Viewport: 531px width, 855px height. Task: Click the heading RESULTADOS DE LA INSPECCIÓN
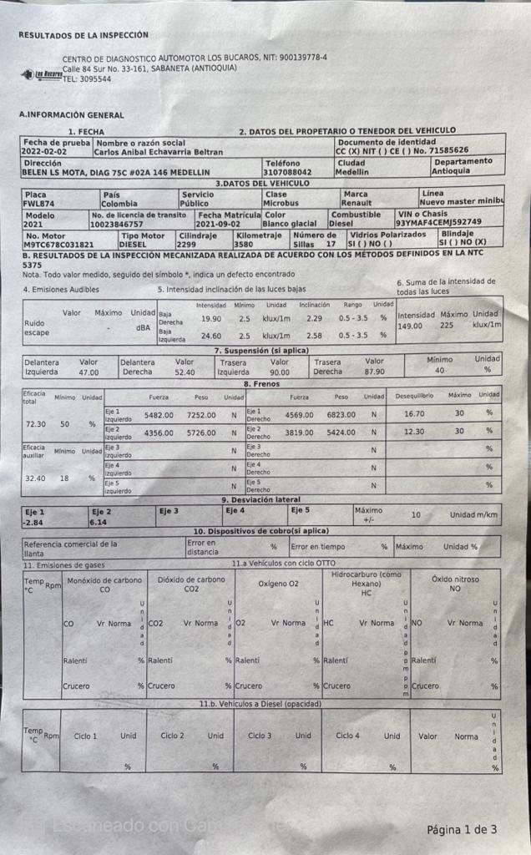(x=83, y=35)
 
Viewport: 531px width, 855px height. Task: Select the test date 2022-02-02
(x=45, y=152)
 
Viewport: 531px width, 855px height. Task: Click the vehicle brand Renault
(x=357, y=202)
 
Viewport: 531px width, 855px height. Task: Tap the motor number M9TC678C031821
(x=58, y=245)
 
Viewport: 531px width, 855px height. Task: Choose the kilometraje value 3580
(x=246, y=245)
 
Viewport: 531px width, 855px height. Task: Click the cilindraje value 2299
(x=189, y=245)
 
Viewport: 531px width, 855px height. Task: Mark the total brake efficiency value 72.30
(x=36, y=424)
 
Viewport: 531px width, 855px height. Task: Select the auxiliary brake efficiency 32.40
(x=36, y=478)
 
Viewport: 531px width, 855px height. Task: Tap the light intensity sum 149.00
(x=410, y=326)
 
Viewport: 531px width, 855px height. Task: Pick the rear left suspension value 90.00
(x=280, y=372)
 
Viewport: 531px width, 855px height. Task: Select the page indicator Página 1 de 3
(x=462, y=829)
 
